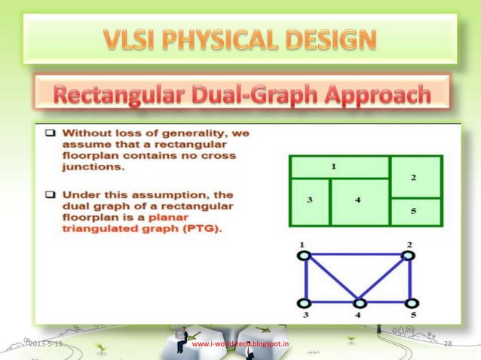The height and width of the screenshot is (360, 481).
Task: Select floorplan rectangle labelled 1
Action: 339,166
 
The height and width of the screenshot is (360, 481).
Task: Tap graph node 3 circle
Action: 304,303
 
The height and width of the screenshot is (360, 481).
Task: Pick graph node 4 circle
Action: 360,303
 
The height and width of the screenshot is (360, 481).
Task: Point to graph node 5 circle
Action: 409,303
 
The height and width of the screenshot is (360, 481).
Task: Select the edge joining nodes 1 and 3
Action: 304,279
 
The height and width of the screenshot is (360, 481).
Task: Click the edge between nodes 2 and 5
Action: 409,279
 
